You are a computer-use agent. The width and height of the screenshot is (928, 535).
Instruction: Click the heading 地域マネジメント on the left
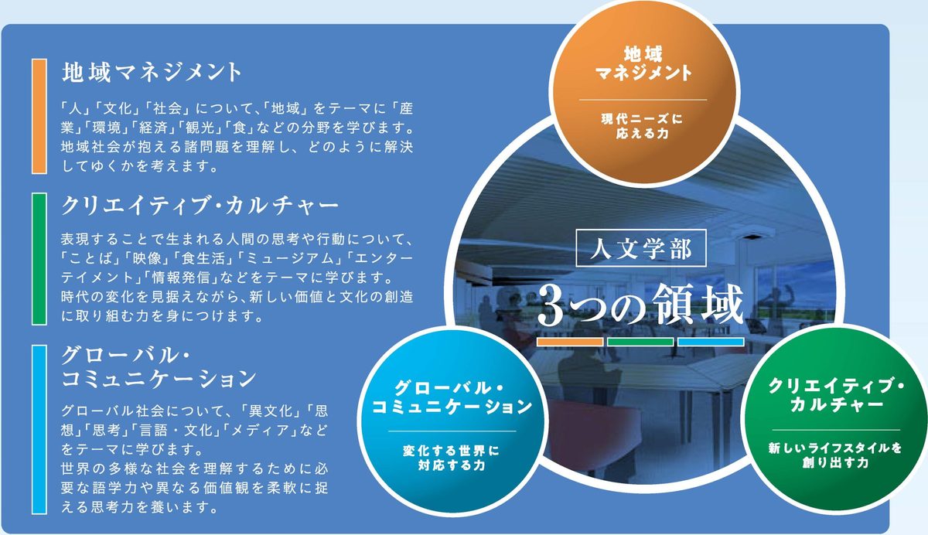(152, 73)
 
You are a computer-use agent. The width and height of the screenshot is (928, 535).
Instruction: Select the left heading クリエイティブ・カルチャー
(200, 206)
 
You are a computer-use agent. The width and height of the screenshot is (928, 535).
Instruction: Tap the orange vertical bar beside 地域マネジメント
(39, 116)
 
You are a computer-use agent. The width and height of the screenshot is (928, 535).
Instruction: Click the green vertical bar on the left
(39, 259)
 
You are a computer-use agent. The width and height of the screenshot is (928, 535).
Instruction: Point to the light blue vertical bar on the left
(39, 429)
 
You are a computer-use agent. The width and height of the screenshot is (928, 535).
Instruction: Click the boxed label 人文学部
(641, 247)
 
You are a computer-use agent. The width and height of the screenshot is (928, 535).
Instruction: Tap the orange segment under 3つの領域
(570, 342)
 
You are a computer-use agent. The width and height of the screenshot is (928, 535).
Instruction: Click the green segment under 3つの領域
(640, 342)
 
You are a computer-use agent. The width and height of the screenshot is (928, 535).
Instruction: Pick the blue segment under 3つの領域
(711, 342)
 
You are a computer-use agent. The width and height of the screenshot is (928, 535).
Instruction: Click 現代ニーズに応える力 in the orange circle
(642, 126)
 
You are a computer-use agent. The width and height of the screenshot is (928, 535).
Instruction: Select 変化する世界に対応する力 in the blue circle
(452, 458)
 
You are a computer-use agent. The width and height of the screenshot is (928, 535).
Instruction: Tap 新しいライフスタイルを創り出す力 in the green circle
(835, 455)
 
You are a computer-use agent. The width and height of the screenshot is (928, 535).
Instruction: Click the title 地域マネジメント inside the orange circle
(643, 63)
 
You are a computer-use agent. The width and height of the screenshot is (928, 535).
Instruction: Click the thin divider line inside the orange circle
(643, 100)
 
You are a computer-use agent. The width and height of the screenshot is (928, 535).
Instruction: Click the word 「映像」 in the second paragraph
(148, 258)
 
